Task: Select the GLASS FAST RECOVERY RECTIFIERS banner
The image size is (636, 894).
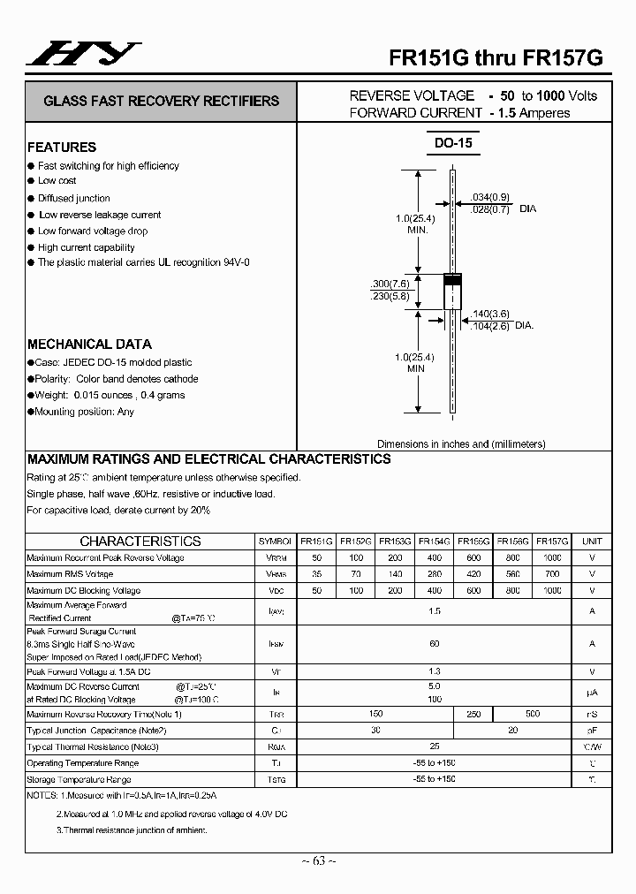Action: [161, 102]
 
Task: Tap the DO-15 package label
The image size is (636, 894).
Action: [455, 144]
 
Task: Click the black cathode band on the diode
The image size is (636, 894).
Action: [452, 280]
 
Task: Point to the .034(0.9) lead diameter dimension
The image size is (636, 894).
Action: [490, 197]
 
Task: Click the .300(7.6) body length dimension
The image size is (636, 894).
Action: [390, 283]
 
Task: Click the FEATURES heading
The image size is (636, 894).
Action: [62, 148]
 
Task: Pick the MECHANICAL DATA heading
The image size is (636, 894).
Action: [89, 345]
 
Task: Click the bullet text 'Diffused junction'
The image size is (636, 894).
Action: [74, 199]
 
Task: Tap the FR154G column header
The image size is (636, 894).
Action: [435, 542]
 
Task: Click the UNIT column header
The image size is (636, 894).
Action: [592, 542]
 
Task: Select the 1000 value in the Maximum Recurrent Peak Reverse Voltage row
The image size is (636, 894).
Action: [552, 558]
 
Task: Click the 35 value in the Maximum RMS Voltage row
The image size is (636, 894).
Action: [316, 574]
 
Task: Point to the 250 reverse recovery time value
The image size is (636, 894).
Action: [473, 714]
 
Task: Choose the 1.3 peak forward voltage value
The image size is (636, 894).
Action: [435, 672]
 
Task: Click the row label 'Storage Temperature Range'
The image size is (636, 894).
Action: [79, 780]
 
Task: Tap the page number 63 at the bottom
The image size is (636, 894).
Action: [318, 861]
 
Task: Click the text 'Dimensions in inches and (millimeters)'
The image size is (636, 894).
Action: [461, 444]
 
